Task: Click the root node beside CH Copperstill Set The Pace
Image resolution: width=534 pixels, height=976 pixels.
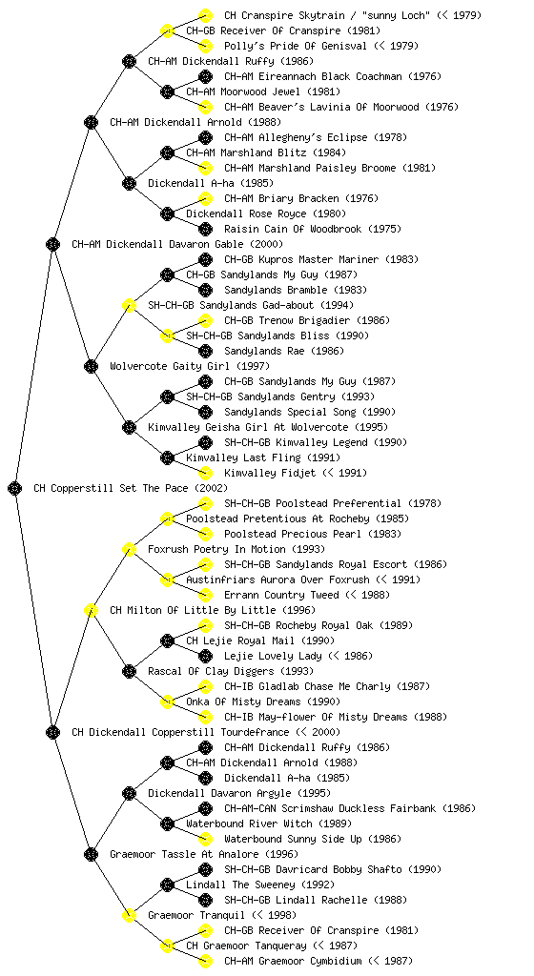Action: (15, 489)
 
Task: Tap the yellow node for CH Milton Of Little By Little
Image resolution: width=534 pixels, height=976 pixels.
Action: (91, 611)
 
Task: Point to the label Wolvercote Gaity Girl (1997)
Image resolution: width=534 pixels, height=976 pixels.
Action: (190, 367)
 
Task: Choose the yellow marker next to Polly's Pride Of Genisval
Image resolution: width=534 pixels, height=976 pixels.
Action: (205, 46)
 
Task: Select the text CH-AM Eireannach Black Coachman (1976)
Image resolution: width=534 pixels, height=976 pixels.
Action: (333, 76)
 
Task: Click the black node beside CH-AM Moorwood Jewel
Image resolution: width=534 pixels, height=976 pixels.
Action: (167, 92)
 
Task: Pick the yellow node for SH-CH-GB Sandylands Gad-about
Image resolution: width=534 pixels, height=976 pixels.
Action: (129, 306)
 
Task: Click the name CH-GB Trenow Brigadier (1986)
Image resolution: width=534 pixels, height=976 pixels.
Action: (307, 320)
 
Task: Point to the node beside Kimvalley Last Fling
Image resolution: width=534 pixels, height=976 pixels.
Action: (167, 458)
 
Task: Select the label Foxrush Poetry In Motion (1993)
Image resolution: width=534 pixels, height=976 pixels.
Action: (236, 550)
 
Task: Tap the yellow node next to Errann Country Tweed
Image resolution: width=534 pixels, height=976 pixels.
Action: (205, 595)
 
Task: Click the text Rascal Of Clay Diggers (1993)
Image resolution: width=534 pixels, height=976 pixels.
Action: (231, 672)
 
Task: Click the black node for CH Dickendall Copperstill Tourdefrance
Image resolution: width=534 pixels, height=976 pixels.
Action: (52, 733)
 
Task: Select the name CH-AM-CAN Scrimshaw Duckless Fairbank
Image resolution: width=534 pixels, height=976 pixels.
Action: (333, 808)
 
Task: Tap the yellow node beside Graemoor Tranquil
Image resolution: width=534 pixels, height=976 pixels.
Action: (129, 916)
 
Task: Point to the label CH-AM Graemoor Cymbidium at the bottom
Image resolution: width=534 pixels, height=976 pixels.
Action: (293, 961)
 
